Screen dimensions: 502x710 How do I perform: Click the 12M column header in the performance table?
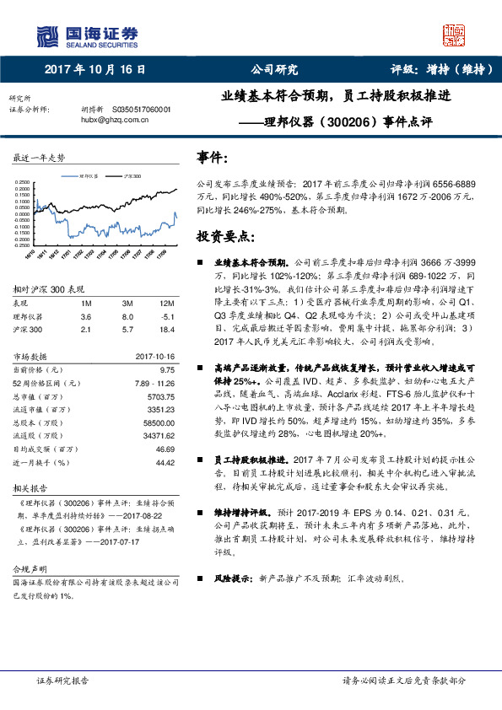pyautogui.click(x=166, y=303)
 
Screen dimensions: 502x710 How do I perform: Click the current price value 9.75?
pyautogui.click(x=167, y=369)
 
